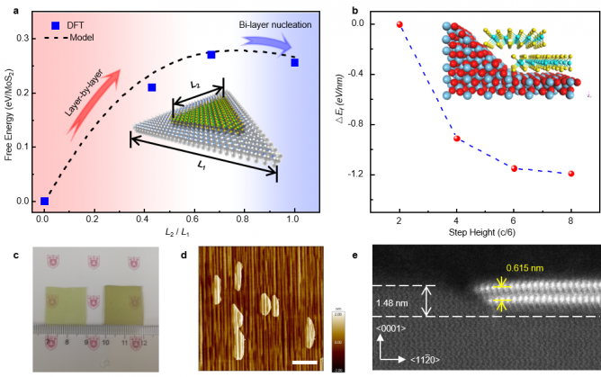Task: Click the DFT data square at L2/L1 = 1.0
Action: pyautogui.click(x=294, y=63)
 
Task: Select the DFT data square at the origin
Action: pyautogui.click(x=45, y=201)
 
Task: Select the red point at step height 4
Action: pyautogui.click(x=456, y=139)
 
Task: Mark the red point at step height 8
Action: pyautogui.click(x=571, y=173)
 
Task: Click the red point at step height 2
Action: pyautogui.click(x=399, y=24)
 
